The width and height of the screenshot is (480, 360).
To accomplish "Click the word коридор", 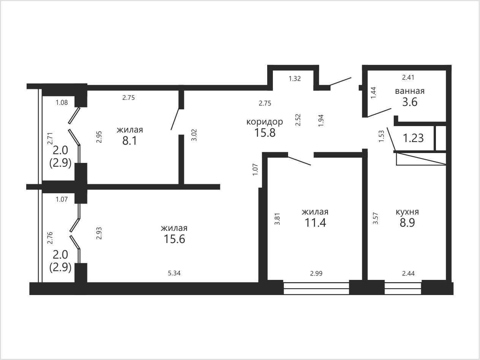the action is click(x=265, y=122).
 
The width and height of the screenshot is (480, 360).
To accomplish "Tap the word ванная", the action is click(x=410, y=91).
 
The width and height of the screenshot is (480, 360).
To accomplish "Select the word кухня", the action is click(x=407, y=212).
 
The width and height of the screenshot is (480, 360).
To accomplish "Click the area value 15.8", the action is click(x=265, y=133).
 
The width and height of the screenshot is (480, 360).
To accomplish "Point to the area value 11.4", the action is click(x=315, y=223).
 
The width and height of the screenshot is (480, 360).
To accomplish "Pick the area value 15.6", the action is click(x=174, y=239).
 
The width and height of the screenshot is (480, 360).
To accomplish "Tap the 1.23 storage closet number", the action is click(x=413, y=138).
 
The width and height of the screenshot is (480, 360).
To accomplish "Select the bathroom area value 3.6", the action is click(x=410, y=102).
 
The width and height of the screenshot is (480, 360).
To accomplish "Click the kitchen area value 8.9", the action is click(x=407, y=223).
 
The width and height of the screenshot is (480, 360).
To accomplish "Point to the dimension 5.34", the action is click(x=174, y=273).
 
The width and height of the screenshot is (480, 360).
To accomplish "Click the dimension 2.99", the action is click(x=316, y=273).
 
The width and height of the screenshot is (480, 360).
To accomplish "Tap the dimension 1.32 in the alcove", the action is click(x=295, y=79).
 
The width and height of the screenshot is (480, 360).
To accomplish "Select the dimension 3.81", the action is click(x=277, y=219).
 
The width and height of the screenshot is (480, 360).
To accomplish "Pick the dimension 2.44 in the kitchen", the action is click(x=408, y=273).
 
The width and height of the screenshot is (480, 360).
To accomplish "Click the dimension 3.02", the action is click(x=194, y=136).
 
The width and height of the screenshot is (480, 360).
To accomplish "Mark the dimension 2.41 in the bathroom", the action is click(x=408, y=77).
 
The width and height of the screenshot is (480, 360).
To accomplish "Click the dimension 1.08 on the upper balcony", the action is click(x=62, y=102).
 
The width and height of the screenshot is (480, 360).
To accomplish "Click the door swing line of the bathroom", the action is click(x=379, y=112).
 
